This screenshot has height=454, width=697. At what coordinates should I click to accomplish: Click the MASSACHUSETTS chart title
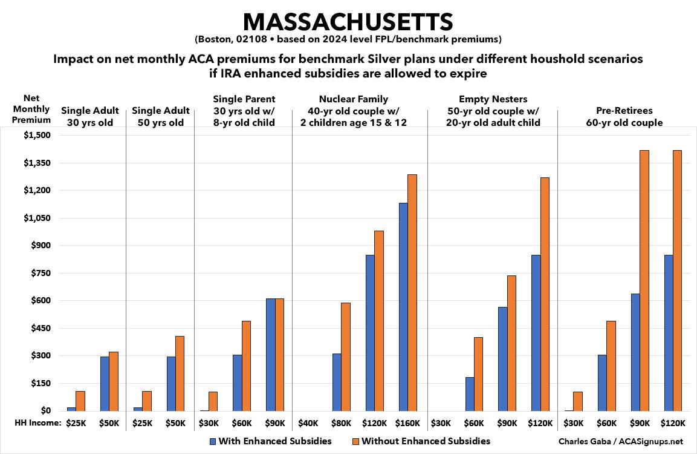pos(348,22)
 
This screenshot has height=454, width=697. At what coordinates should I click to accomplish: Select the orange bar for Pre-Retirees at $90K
pos(644,280)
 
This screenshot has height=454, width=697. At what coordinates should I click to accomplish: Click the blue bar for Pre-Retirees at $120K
pos(668,333)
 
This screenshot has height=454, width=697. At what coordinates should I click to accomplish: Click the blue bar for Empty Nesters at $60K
pos(470,394)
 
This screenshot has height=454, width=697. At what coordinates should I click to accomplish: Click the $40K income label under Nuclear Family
pos(309,423)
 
